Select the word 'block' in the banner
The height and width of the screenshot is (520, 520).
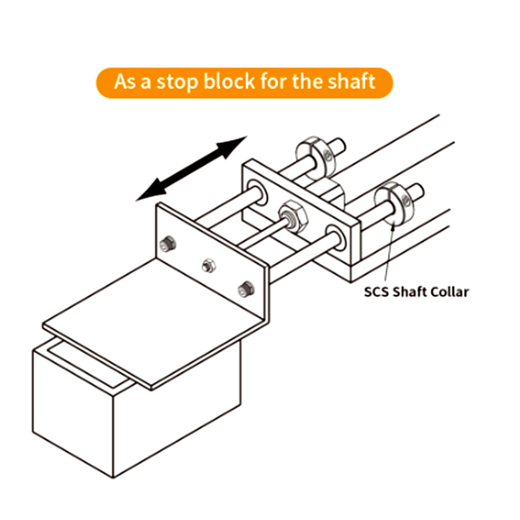click(230, 81)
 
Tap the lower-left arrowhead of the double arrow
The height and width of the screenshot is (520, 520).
click(151, 190)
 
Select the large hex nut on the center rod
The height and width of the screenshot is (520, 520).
click(293, 216)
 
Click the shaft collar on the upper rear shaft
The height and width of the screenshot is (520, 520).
click(316, 157)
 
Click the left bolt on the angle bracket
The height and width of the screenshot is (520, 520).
click(168, 244)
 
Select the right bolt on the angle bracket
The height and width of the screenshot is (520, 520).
click(246, 289)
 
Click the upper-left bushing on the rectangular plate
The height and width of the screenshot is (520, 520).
click(257, 193)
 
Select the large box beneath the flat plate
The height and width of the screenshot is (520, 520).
click(136, 408)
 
